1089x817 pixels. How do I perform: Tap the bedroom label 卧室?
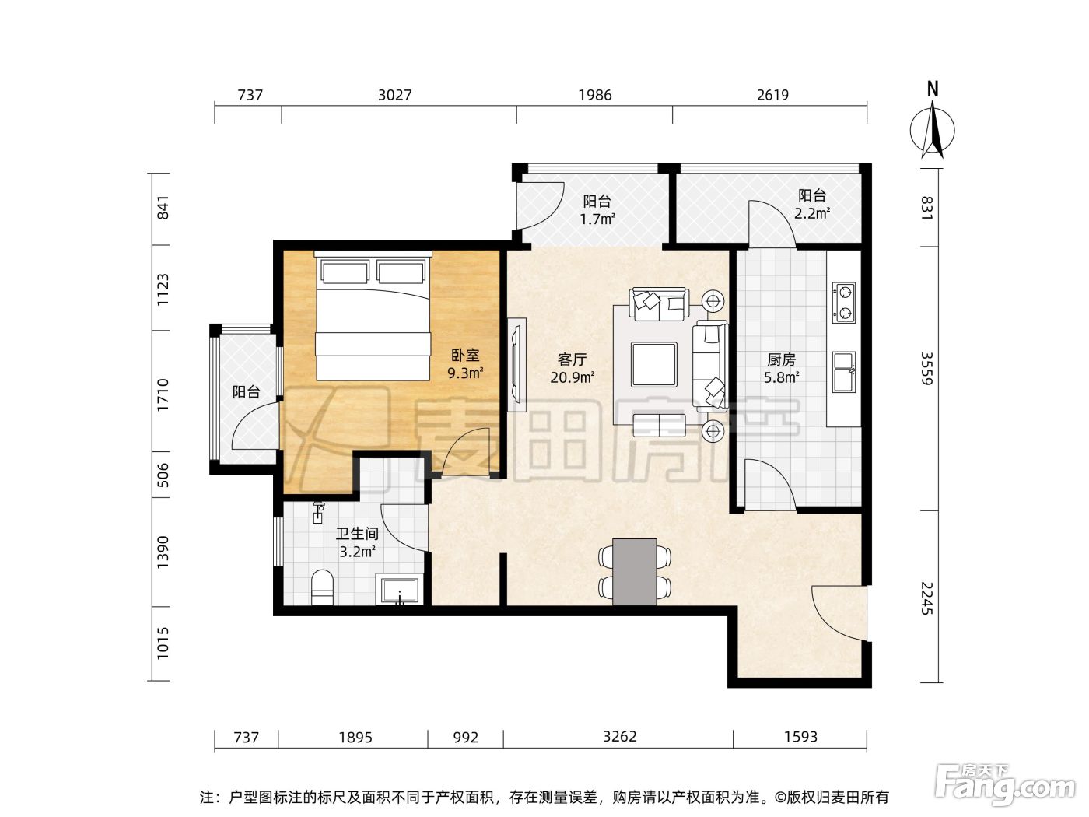point(465,355)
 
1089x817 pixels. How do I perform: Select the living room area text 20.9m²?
point(573,377)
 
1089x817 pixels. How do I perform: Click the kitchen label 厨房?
point(781,359)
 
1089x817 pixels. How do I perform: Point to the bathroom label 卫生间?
point(357,534)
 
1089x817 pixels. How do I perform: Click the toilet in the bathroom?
point(322,587)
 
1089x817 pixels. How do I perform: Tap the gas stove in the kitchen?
point(843,303)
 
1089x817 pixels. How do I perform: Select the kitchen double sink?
point(843,372)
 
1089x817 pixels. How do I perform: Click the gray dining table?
point(635,572)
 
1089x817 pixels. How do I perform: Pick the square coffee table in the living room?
point(654,365)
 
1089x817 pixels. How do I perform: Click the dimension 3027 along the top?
point(395,95)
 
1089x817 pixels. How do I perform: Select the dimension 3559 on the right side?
point(926,369)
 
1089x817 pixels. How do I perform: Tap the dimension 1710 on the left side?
point(163,394)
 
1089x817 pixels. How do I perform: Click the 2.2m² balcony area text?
point(812,213)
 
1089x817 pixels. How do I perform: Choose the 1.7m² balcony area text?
point(598,219)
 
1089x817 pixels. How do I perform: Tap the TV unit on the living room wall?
point(516,365)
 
